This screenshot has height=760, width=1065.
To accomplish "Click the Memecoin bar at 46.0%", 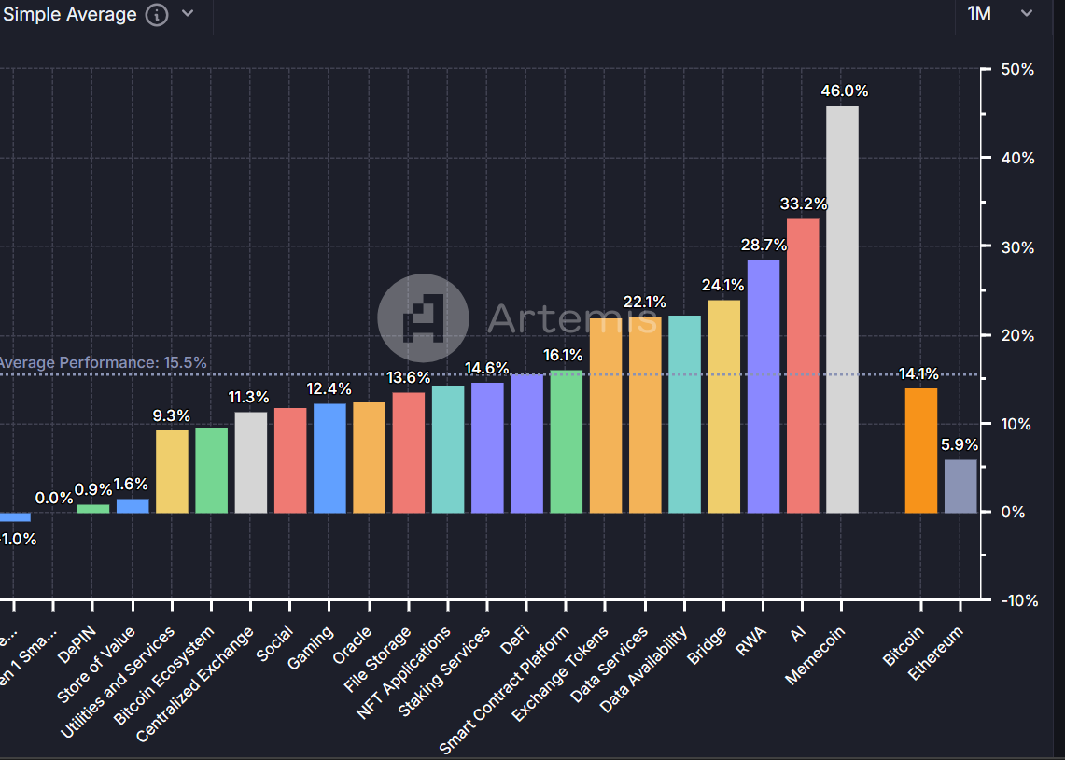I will pyautogui.click(x=842, y=308).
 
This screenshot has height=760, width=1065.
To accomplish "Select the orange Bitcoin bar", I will pyautogui.click(x=921, y=450).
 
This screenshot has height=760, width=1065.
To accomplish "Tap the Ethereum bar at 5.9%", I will pyautogui.click(x=960, y=486).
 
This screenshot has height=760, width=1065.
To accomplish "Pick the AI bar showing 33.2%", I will pyautogui.click(x=803, y=365).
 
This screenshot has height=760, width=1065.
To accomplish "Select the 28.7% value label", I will pyautogui.click(x=764, y=246).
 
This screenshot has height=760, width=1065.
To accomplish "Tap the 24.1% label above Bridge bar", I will pyautogui.click(x=723, y=286).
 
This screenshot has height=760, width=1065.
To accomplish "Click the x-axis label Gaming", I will pyautogui.click(x=312, y=647).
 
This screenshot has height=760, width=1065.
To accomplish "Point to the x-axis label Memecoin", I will pyautogui.click(x=816, y=655).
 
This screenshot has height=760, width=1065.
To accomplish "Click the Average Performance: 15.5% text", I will pyautogui.click(x=103, y=362).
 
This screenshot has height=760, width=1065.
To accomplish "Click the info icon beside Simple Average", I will pyautogui.click(x=158, y=15).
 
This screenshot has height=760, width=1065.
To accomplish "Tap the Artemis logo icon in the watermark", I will pyautogui.click(x=423, y=318).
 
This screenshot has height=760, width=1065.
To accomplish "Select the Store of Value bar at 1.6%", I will pyautogui.click(x=133, y=505).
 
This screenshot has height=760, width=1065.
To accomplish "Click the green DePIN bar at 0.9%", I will pyautogui.click(x=92, y=508).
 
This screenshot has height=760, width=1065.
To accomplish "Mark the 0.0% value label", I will pyautogui.click(x=54, y=499).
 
